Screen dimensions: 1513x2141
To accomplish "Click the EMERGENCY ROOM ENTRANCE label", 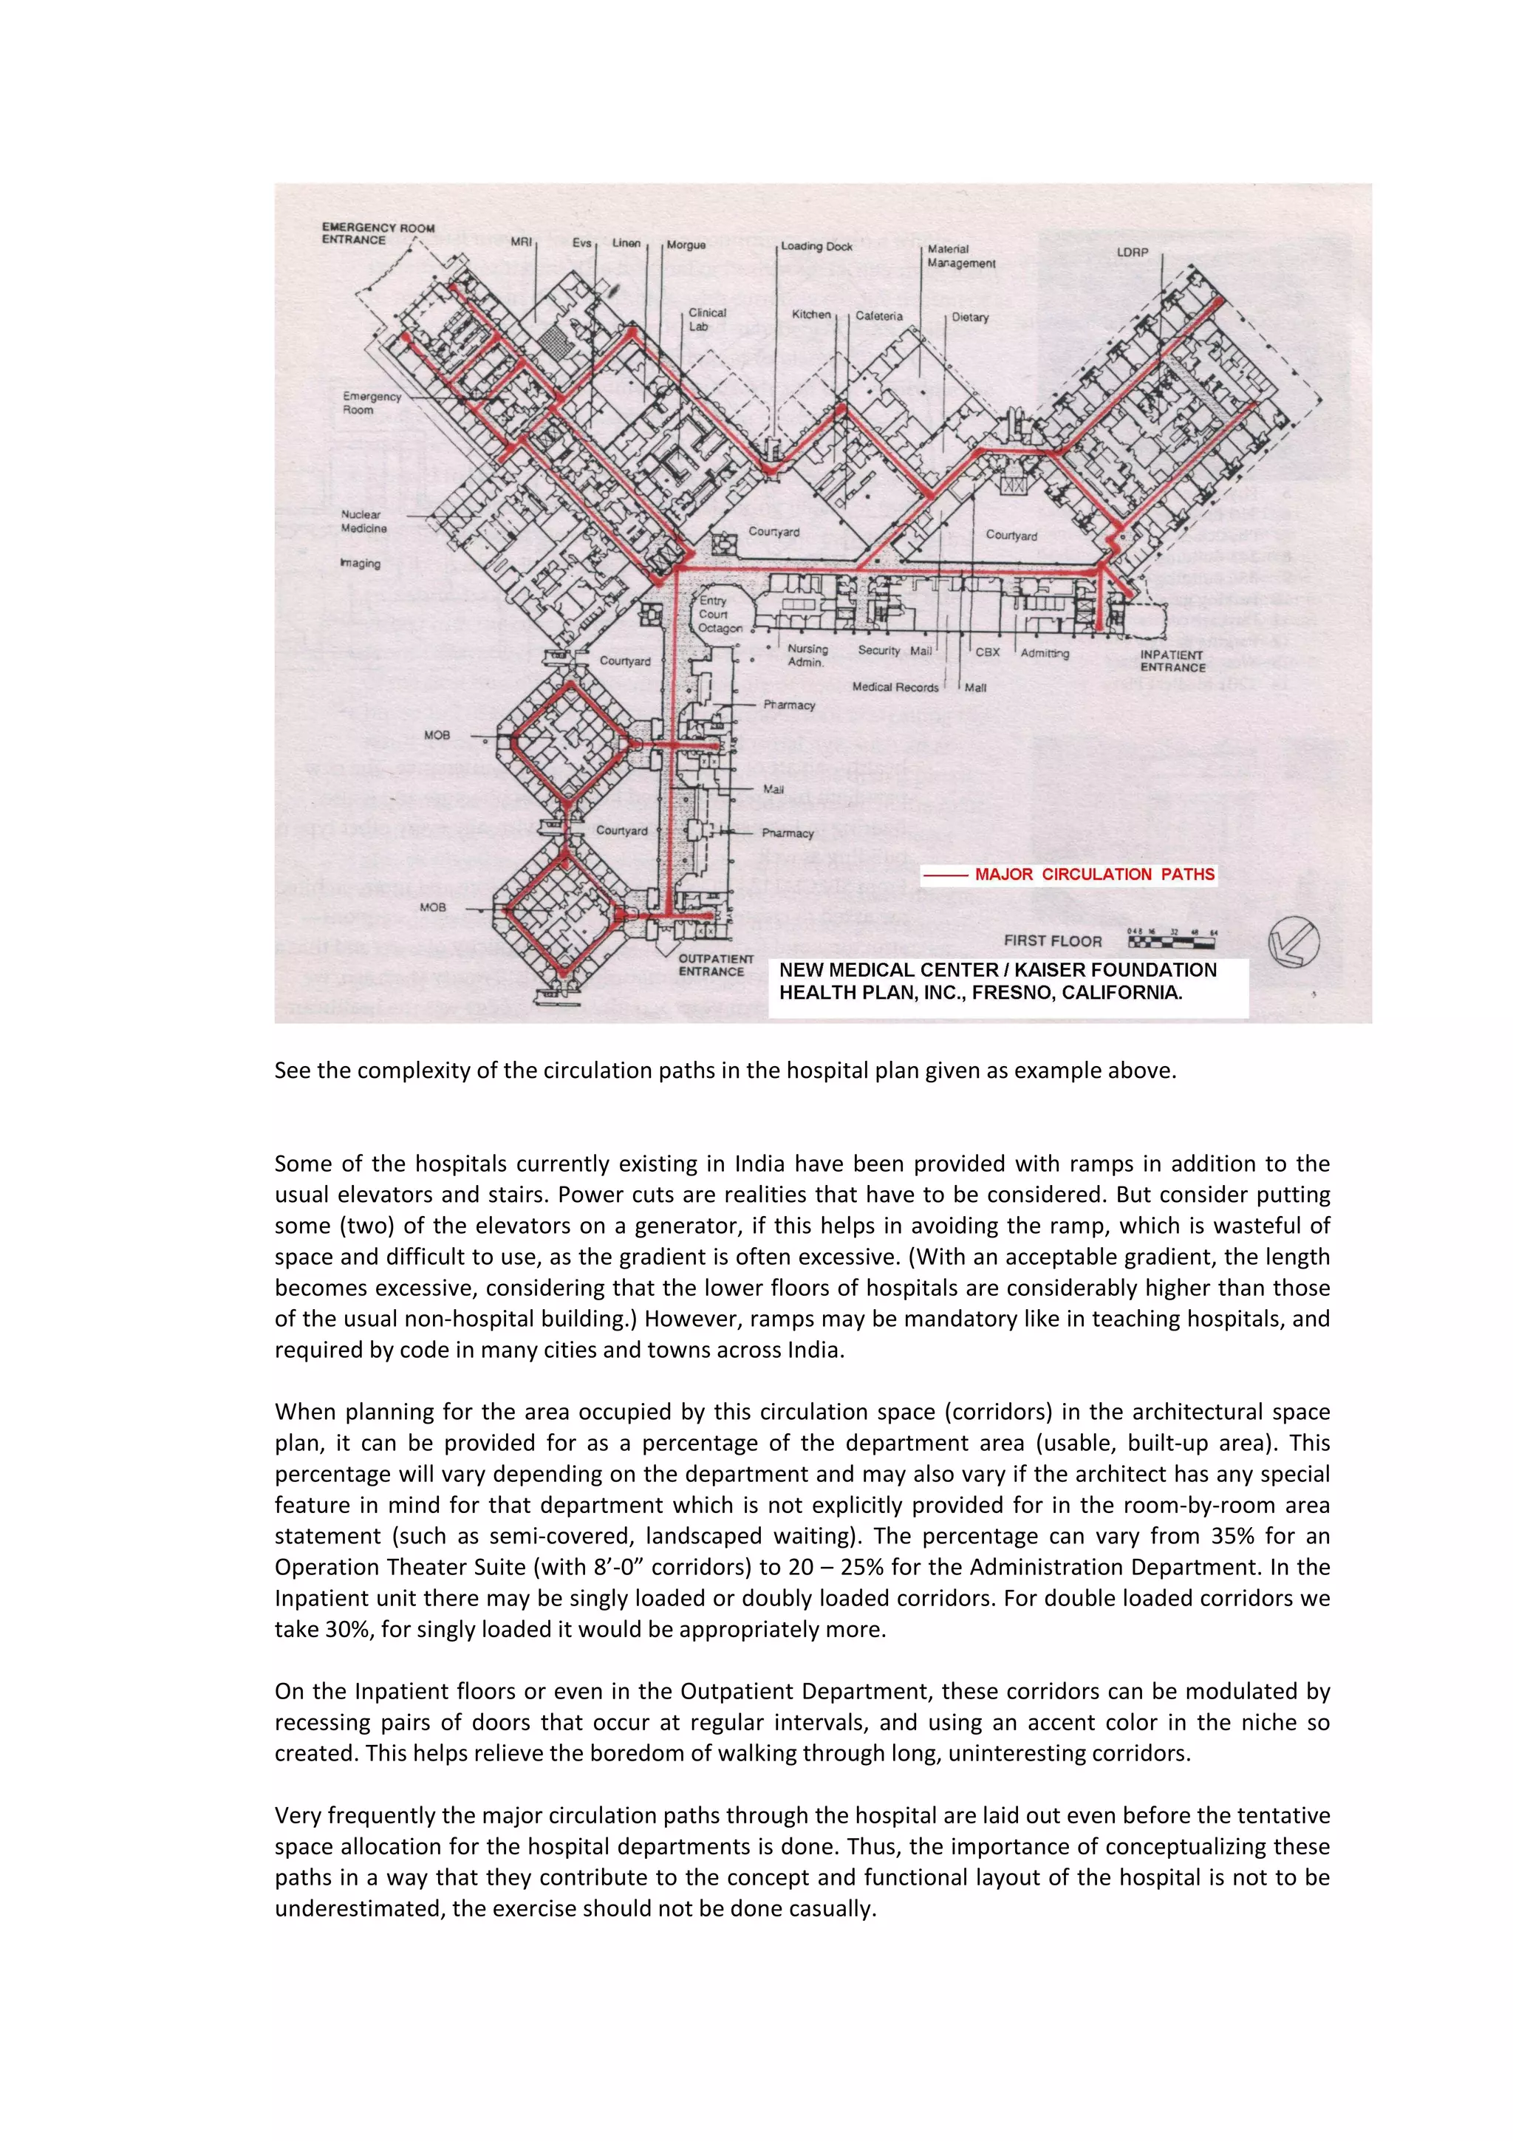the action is point(378,233).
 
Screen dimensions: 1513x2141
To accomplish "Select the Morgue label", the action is point(686,245).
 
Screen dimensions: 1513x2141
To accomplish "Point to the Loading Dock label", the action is point(816,246).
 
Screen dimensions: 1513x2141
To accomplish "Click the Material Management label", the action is point(961,256).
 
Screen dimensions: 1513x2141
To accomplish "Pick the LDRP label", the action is point(1133,253).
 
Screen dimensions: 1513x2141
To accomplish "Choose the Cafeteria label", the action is point(879,316).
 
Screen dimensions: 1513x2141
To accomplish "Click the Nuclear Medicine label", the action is point(363,522).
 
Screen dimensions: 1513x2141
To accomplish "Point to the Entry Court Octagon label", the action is point(720,615).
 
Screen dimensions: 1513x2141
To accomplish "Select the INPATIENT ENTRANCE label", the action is point(1172,661).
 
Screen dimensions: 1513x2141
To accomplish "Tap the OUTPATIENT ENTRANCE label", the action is point(715,965).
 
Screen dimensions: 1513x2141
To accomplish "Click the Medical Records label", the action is point(895,687).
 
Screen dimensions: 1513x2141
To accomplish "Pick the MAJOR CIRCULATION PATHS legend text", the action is point(1094,875).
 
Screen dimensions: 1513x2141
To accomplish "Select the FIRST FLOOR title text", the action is point(1053,941).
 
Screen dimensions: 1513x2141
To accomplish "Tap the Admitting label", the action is point(1044,654).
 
